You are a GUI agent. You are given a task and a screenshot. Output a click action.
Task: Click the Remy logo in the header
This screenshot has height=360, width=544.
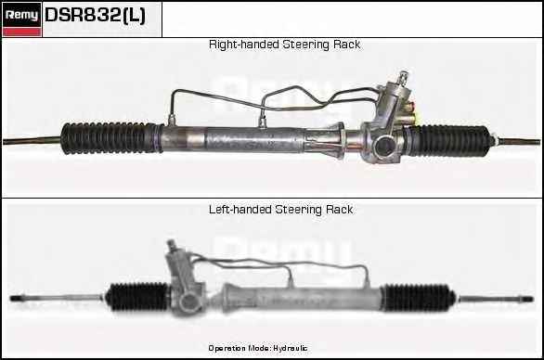21,19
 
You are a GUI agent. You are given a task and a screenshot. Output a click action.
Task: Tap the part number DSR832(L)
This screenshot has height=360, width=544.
95,15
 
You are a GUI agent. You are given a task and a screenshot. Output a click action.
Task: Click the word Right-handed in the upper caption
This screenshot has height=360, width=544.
243,45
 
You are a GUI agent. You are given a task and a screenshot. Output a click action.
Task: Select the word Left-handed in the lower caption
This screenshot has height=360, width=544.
240,210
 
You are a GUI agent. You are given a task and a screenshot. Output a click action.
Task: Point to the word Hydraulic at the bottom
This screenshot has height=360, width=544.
290,348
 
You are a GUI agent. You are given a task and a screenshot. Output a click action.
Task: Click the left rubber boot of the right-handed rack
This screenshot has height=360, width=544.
111,137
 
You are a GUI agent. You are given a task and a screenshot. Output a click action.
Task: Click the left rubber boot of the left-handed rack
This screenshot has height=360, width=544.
138,297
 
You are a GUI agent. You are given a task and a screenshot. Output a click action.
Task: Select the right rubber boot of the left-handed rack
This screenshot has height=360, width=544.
418,298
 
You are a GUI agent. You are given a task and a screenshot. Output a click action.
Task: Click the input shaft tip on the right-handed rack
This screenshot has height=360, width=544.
403,75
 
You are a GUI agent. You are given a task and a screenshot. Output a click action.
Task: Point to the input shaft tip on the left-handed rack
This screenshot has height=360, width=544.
170,244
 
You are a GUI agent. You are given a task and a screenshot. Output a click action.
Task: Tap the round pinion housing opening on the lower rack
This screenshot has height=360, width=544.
188,302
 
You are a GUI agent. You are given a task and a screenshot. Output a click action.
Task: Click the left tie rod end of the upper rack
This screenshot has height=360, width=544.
32,140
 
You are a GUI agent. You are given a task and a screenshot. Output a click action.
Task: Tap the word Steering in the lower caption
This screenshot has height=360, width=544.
298,210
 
